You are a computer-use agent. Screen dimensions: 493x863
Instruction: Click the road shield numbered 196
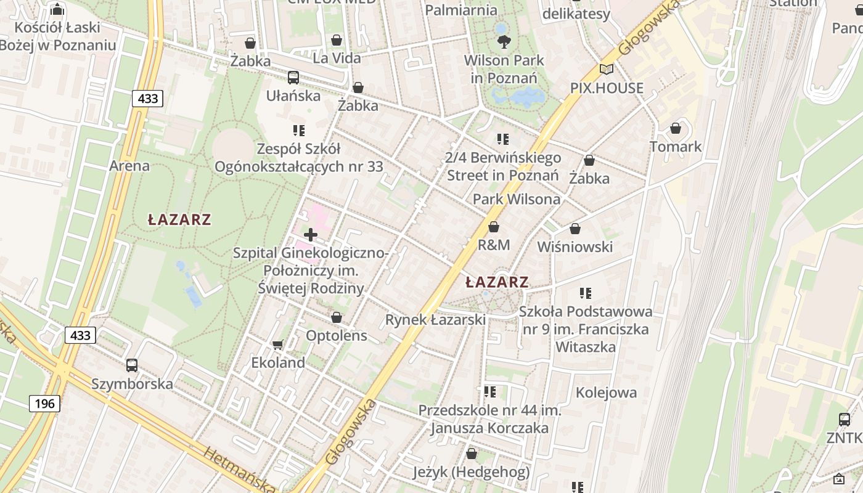tap(44, 404)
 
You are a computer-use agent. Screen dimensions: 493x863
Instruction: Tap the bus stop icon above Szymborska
tap(132, 365)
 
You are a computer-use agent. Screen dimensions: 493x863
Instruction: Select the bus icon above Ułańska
tap(293, 77)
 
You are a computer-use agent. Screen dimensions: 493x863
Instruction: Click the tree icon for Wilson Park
tap(504, 42)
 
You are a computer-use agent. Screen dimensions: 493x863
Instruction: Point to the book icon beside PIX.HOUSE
tap(607, 69)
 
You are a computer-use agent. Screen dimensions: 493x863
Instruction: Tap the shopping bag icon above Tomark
tap(676, 128)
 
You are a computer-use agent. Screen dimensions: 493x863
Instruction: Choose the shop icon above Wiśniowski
tap(575, 229)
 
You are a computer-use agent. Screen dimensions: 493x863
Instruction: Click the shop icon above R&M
tap(493, 227)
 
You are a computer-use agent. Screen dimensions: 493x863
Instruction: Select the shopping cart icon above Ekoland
tap(278, 344)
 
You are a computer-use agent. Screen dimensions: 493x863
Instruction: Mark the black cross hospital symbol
tap(311, 235)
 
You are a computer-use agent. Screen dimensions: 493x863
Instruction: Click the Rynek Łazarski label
tap(435, 320)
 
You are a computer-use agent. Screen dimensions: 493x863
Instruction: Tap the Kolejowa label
tap(606, 393)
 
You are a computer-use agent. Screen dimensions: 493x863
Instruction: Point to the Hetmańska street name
tap(239, 470)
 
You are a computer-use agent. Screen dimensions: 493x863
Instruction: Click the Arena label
tap(129, 166)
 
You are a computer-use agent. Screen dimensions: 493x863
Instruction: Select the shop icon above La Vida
tap(337, 40)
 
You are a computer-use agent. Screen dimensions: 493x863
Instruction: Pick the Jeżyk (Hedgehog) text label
tap(472, 473)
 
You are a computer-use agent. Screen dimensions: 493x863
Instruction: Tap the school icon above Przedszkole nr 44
tap(489, 392)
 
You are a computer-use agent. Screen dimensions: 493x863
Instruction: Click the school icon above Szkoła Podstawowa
tap(586, 293)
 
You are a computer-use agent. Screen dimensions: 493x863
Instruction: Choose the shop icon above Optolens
tap(337, 317)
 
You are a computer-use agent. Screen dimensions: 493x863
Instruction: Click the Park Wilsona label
tap(517, 199)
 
